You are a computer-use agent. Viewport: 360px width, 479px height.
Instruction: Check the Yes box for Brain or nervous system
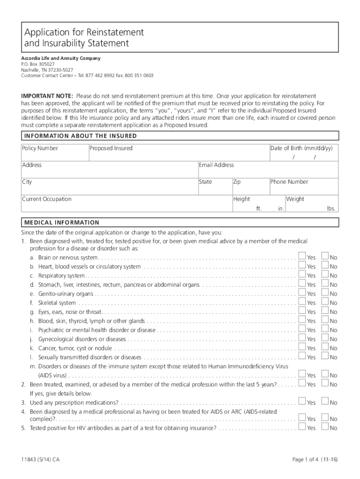click(x=302, y=257)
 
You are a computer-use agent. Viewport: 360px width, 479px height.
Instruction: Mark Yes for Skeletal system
click(x=302, y=302)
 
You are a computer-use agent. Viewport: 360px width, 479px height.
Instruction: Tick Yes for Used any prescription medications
click(x=302, y=402)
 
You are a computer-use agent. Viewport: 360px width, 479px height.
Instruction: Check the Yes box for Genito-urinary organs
click(x=302, y=293)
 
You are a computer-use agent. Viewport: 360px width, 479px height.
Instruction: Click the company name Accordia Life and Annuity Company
click(x=60, y=58)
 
